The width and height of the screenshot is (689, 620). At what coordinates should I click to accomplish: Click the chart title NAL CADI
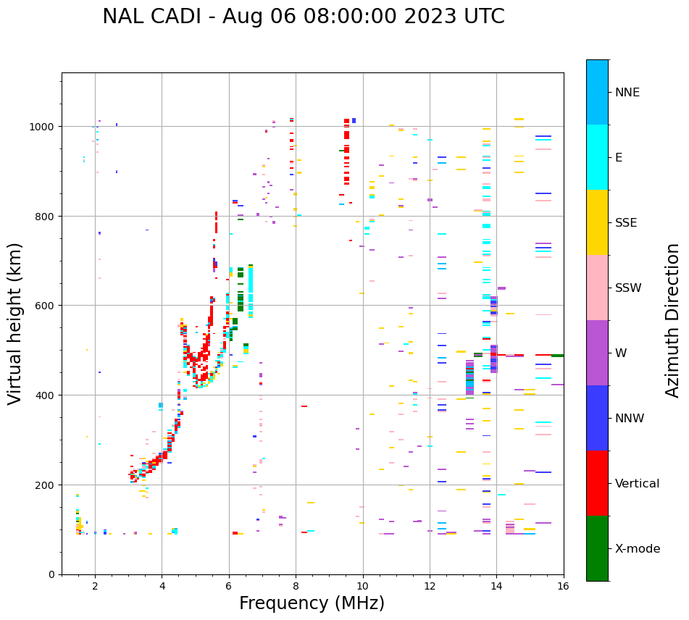[303, 17]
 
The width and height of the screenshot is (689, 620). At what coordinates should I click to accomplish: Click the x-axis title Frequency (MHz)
[312, 603]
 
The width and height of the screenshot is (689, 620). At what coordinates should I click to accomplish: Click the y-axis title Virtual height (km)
[16, 323]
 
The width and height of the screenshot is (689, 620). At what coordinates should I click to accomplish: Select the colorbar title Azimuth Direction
[673, 320]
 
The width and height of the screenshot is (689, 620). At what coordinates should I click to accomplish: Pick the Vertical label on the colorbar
[637, 484]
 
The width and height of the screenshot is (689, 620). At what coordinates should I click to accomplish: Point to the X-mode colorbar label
[638, 549]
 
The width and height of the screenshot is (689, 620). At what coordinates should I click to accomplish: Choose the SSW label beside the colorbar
[628, 288]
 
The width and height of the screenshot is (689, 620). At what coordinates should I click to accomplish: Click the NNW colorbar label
[630, 419]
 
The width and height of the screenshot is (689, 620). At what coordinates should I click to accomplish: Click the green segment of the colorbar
[597, 548]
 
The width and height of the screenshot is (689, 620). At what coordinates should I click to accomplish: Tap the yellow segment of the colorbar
[597, 222]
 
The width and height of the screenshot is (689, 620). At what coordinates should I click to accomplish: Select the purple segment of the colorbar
[597, 353]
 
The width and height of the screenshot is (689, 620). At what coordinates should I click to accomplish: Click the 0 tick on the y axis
[51, 574]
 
